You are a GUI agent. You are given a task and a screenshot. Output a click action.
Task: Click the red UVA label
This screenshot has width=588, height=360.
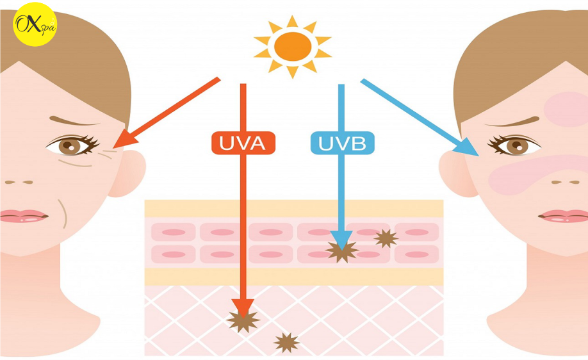click(x=243, y=143)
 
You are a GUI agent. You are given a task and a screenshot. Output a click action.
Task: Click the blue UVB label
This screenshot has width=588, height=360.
click(x=343, y=143)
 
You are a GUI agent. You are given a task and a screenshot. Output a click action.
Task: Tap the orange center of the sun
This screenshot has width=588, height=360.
click(x=293, y=47)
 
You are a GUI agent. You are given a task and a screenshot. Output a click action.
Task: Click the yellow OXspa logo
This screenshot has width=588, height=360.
click(x=35, y=24)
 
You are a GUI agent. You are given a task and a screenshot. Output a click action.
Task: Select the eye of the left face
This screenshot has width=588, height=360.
click(x=72, y=145)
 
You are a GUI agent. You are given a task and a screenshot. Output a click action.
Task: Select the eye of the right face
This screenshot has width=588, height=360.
click(x=514, y=145)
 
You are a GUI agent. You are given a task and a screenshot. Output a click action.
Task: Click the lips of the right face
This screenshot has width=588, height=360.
click(x=563, y=216)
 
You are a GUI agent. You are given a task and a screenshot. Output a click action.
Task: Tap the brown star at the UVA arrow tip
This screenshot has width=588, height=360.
click(x=243, y=321)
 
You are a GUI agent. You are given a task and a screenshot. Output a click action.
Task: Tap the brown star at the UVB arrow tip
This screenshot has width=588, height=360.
click(x=341, y=251)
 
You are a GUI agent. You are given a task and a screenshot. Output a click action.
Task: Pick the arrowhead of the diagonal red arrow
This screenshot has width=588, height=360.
click(x=124, y=140)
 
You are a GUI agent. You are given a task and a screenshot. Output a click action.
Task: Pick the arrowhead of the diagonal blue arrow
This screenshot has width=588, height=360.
click(x=467, y=147)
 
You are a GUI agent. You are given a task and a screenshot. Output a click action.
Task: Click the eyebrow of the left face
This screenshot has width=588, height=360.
click(x=74, y=121)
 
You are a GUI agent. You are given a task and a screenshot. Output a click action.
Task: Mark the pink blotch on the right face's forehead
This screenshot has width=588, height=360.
click(x=567, y=109)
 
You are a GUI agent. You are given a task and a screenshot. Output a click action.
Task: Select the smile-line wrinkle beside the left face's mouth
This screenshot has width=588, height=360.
click(x=63, y=213)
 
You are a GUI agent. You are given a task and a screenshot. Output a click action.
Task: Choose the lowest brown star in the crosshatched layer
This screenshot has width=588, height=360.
click(x=286, y=343)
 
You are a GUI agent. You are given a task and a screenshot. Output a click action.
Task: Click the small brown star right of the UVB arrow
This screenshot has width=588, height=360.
click(x=386, y=238)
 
